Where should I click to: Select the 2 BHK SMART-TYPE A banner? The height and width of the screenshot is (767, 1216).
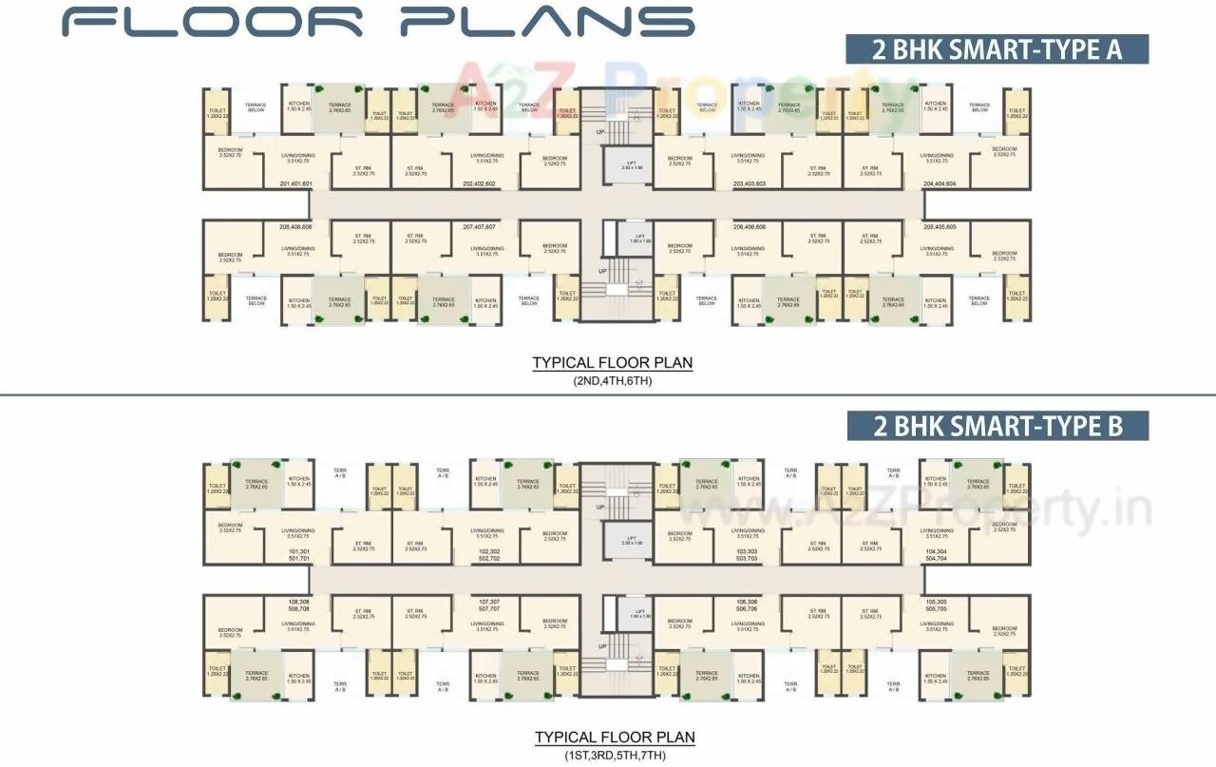tap(997, 49)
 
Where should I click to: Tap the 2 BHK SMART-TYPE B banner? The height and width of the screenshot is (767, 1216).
tap(997, 426)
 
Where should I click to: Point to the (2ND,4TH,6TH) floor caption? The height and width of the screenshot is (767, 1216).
tap(612, 380)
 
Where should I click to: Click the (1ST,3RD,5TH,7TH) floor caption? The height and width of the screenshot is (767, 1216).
tap(614, 755)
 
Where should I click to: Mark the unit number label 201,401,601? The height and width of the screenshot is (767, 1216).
tap(295, 183)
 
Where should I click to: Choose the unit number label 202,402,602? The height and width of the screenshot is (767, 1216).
tap(479, 183)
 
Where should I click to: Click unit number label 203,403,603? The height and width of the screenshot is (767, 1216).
tap(750, 183)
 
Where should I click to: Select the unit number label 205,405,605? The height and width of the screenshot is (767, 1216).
tap(939, 227)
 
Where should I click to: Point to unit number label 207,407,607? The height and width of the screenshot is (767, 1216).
tap(480, 227)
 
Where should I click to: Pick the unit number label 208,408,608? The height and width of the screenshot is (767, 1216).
tap(295, 227)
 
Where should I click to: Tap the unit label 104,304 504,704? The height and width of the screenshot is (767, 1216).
tap(936, 555)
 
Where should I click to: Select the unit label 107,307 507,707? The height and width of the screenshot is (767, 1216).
tap(489, 605)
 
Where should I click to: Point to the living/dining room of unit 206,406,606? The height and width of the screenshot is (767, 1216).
tap(750, 251)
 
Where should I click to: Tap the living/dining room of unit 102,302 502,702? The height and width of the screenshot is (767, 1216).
tap(486, 533)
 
